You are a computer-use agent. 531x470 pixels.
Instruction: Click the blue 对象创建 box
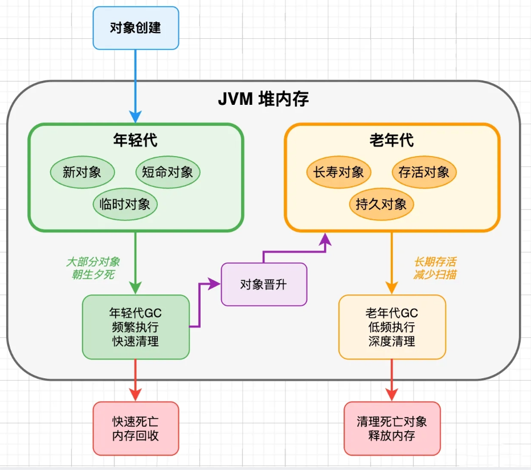pyautogui.click(x=136, y=28)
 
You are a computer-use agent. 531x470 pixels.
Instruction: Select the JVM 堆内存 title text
pyautogui.click(x=263, y=99)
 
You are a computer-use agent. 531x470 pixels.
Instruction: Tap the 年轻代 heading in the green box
pyautogui.click(x=136, y=140)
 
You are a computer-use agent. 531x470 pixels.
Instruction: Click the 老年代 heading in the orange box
pyautogui.click(x=391, y=140)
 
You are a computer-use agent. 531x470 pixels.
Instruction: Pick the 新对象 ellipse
pyautogui.click(x=82, y=172)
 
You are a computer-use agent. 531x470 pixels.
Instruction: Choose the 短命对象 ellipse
pyautogui.click(x=168, y=172)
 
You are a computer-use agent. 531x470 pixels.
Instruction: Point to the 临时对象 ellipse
pyautogui.click(x=125, y=204)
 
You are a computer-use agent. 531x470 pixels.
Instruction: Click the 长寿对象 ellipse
pyautogui.click(x=338, y=172)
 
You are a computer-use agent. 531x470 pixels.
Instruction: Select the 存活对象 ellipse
pyautogui.click(x=424, y=172)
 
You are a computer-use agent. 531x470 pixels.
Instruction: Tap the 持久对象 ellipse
pyautogui.click(x=381, y=204)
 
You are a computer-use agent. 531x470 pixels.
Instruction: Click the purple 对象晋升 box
pyautogui.click(x=264, y=284)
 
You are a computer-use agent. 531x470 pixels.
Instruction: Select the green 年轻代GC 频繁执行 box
pyautogui.click(x=136, y=327)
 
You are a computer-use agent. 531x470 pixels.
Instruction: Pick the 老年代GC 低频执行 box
pyautogui.click(x=392, y=327)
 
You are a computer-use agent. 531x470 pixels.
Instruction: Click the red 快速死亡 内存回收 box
pyautogui.click(x=136, y=428)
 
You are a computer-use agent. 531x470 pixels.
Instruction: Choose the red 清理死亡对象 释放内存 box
pyautogui.click(x=392, y=428)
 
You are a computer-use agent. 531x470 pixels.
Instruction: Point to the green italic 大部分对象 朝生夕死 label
pyautogui.click(x=93, y=268)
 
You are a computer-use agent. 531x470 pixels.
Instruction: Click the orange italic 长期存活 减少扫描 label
pyautogui.click(x=435, y=268)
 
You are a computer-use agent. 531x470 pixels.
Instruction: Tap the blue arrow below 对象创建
pyautogui.click(x=136, y=85)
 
